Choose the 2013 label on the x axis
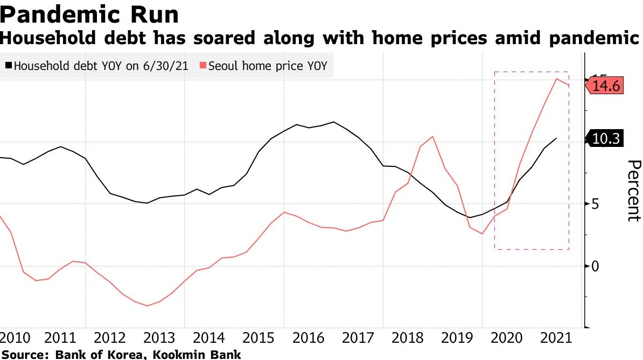[159, 338]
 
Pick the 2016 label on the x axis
[308, 338]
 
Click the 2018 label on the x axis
[407, 338]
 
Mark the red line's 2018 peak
[432, 136]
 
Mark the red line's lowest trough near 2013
[147, 306]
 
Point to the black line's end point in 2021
[556, 138]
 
